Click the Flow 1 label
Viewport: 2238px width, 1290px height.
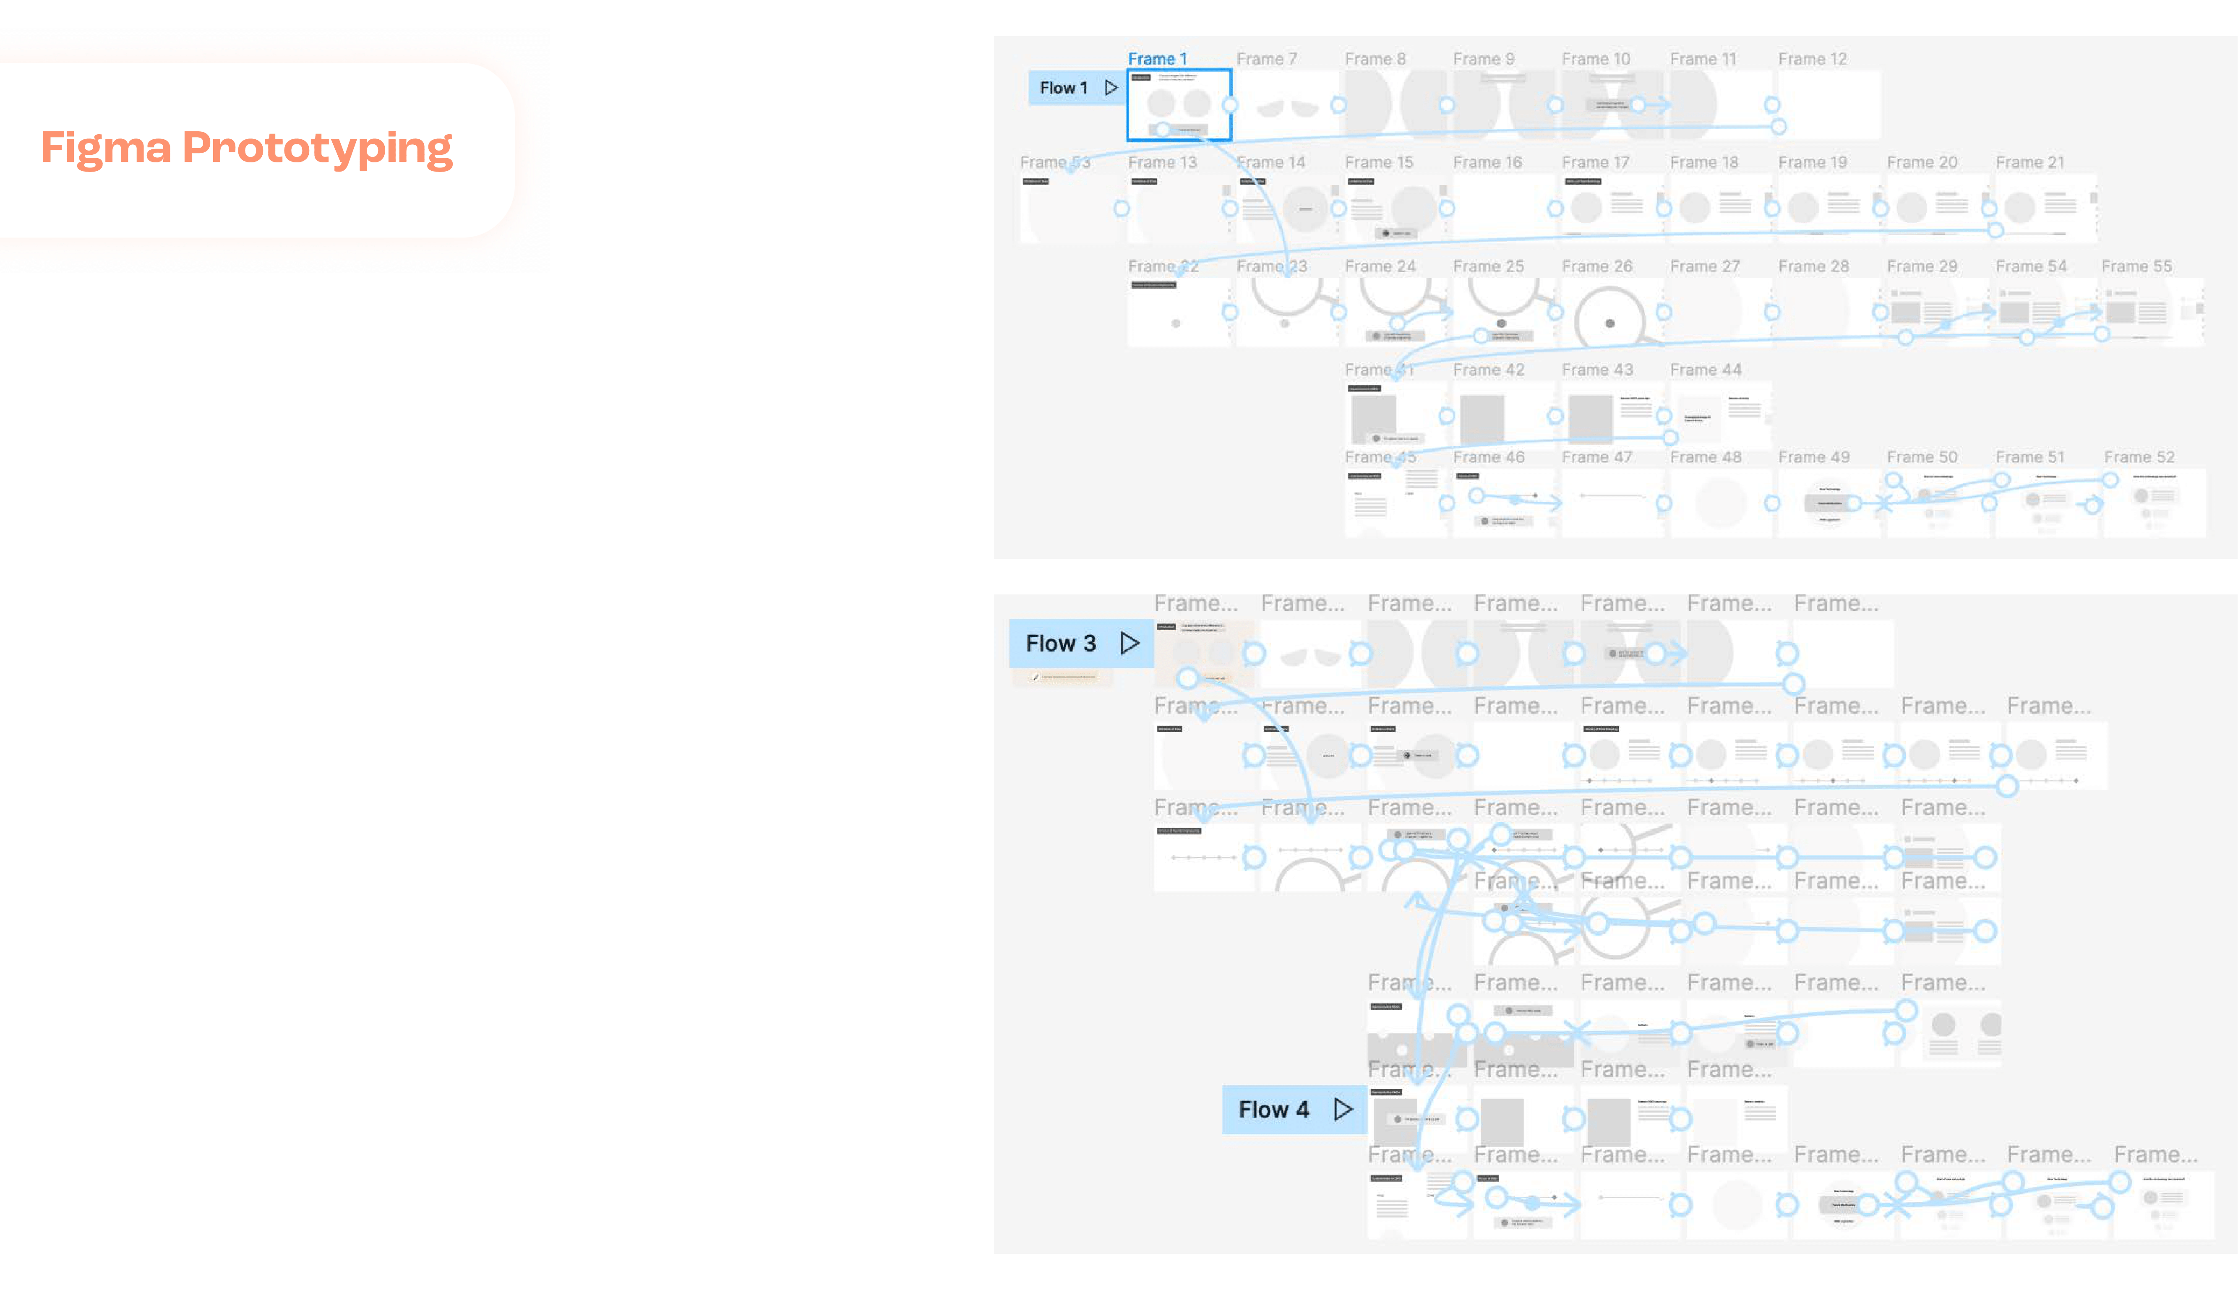pos(1063,88)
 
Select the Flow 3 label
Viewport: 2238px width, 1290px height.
pos(1061,643)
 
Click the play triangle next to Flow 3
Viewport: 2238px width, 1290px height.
pos(1129,643)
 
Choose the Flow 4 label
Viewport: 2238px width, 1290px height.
pos(1273,1109)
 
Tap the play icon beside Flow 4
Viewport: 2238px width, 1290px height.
pos(1343,1109)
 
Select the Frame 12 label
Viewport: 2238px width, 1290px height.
pos(1812,58)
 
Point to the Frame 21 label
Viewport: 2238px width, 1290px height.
pos(2030,162)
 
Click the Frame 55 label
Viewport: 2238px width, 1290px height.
pos(2136,266)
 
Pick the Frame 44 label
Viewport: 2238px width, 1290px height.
pos(1705,370)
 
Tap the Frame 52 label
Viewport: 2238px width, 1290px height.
pos(2139,457)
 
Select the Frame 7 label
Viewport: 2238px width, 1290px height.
pos(1266,58)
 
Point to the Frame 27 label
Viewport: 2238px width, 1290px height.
pos(1705,266)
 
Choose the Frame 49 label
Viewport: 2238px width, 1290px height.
pos(1814,457)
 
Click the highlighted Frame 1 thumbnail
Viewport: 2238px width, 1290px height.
pos(1178,104)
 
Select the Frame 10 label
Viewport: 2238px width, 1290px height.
pos(1595,58)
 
